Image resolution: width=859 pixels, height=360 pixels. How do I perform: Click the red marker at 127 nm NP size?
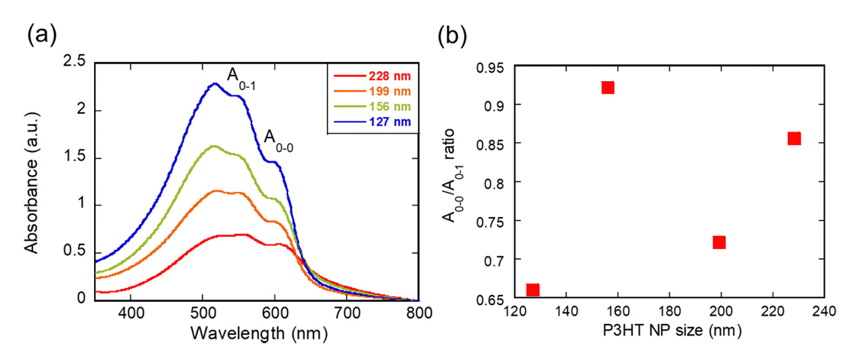coord(533,290)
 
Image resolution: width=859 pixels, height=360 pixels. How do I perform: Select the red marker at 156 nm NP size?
coord(608,87)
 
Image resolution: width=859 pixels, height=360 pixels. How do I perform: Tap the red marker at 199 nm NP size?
coord(719,242)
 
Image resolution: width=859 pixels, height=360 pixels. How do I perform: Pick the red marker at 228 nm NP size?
coord(794,138)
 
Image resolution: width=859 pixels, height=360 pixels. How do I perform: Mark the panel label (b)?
coord(450,34)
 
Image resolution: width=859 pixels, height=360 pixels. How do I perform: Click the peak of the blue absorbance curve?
coord(214,83)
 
